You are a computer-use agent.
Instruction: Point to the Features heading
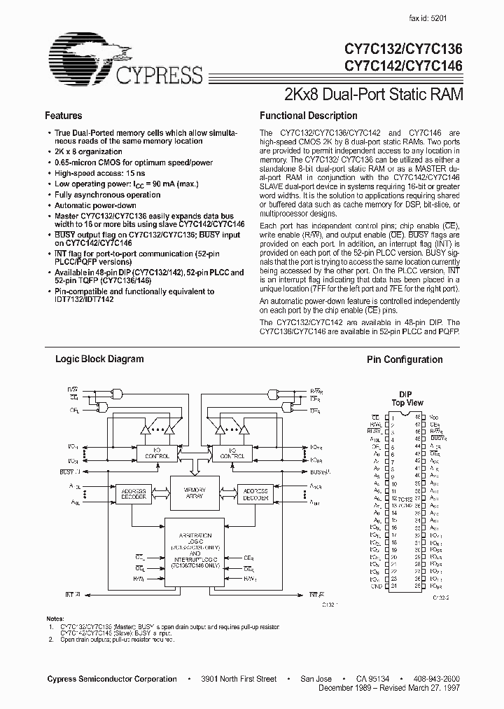click(x=63, y=116)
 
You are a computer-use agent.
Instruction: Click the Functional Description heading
click(x=308, y=116)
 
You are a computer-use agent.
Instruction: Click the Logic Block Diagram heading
click(x=99, y=359)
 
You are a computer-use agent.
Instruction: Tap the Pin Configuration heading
click(x=405, y=359)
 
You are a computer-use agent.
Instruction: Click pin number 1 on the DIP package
click(x=393, y=418)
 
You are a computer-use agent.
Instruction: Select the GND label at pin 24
click(x=376, y=586)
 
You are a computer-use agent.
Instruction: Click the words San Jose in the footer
click(x=316, y=679)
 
